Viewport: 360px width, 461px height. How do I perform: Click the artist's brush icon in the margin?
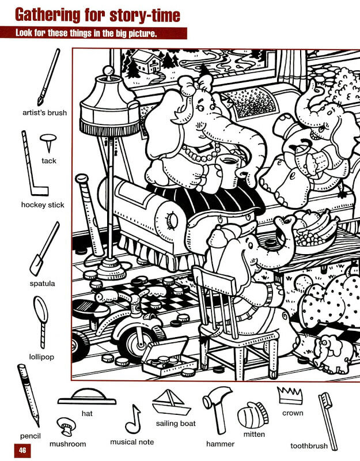(49, 77)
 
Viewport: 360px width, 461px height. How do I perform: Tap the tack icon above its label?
(48, 142)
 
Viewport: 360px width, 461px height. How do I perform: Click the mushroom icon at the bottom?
(66, 426)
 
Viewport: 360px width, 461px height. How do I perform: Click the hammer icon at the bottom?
(217, 409)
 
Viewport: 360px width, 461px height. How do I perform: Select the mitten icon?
(252, 415)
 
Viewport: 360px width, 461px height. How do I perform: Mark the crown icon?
(290, 395)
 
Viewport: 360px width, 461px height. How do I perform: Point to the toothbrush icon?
(328, 421)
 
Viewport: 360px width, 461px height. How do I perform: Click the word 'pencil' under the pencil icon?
(31, 436)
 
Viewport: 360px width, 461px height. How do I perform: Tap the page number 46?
(22, 450)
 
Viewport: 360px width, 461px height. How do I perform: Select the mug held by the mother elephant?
(227, 171)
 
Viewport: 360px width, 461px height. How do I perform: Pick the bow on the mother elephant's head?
(195, 83)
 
